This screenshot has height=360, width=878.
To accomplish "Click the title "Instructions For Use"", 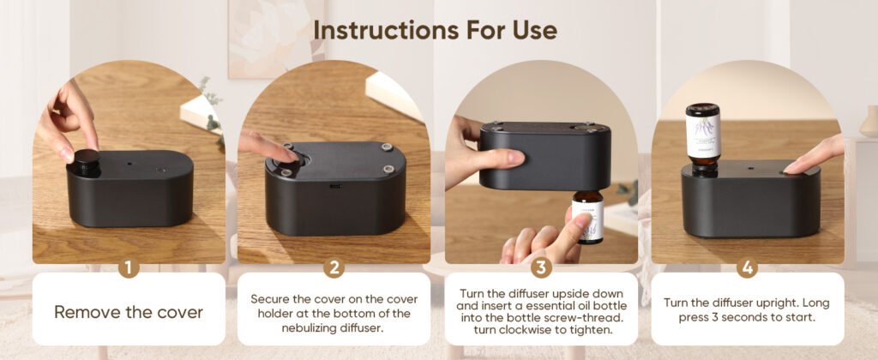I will point(435,29).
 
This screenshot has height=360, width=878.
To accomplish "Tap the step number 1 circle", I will point(129,267).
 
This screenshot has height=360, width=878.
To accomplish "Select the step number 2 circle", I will point(334,267).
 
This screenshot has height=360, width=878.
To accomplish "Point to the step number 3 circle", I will point(540,267).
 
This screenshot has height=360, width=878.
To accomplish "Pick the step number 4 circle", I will point(747,267).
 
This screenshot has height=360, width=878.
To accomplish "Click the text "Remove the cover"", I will point(129,311).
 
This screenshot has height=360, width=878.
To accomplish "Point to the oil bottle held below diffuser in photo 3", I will point(588,217).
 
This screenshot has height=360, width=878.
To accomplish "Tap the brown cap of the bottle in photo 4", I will point(703,110).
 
